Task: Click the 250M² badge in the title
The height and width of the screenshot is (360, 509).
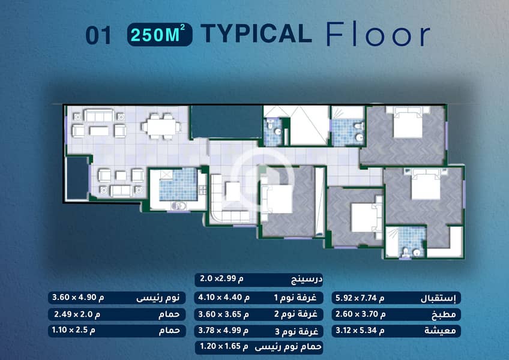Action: [160, 34]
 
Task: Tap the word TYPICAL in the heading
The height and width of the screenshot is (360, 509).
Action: [256, 34]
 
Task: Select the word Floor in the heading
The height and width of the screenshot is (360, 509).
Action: [378, 34]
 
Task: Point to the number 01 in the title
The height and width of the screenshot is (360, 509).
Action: [98, 35]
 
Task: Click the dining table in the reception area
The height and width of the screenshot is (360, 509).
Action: [161, 126]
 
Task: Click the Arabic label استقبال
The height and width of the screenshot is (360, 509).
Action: [438, 298]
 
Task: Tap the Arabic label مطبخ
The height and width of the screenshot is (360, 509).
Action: [444, 314]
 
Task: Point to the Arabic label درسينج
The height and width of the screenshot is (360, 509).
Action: [307, 280]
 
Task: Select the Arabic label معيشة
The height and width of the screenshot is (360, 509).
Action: [440, 331]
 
